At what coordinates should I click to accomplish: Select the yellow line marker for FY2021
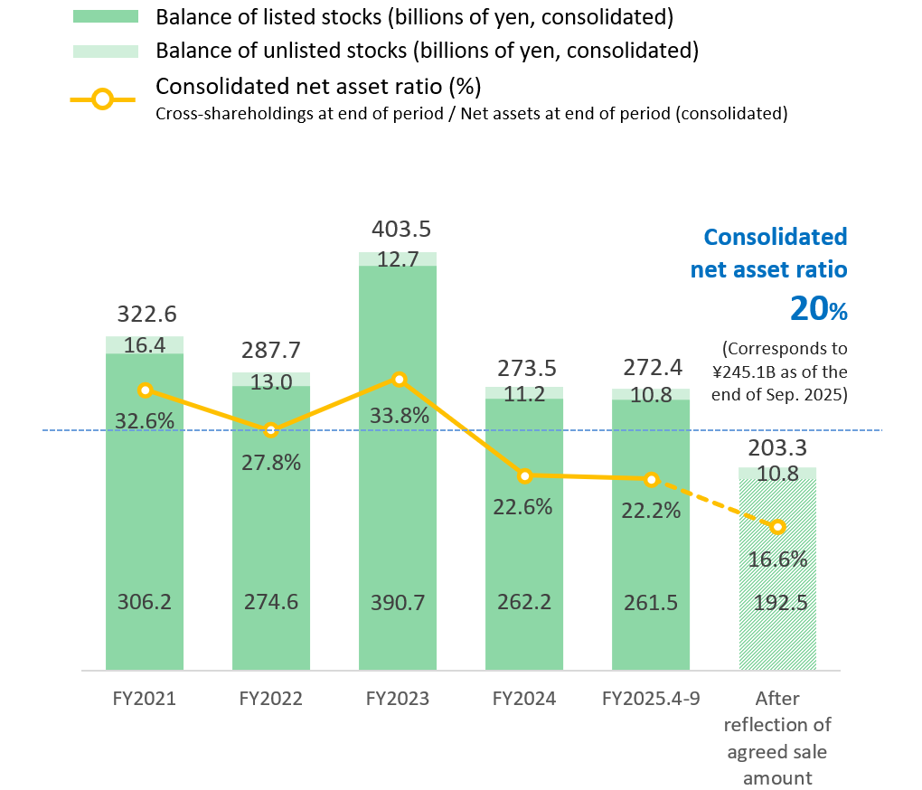[x=145, y=390]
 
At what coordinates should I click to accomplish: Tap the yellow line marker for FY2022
[x=270, y=430]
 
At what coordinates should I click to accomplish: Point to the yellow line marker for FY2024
[x=524, y=475]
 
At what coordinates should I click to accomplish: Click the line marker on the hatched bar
[x=777, y=527]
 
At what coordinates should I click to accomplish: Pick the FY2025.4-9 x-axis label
[x=650, y=699]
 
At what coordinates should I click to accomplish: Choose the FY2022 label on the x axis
[x=270, y=699]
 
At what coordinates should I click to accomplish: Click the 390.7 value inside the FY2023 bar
[x=398, y=602]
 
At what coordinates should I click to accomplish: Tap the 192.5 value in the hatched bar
[x=777, y=602]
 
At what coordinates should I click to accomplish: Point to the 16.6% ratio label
[x=777, y=560]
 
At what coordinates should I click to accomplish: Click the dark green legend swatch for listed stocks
[x=105, y=16]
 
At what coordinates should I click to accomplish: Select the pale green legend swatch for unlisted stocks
[x=105, y=52]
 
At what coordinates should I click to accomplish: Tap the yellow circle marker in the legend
[x=103, y=99]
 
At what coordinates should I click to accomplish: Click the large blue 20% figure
[x=818, y=309]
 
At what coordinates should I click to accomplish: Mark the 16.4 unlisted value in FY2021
[x=145, y=345]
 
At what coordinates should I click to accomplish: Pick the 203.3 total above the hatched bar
[x=777, y=448]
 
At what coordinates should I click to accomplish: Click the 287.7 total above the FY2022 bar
[x=270, y=351]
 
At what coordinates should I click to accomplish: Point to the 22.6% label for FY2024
[x=524, y=507]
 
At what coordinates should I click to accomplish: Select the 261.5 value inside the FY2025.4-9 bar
[x=650, y=602]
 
